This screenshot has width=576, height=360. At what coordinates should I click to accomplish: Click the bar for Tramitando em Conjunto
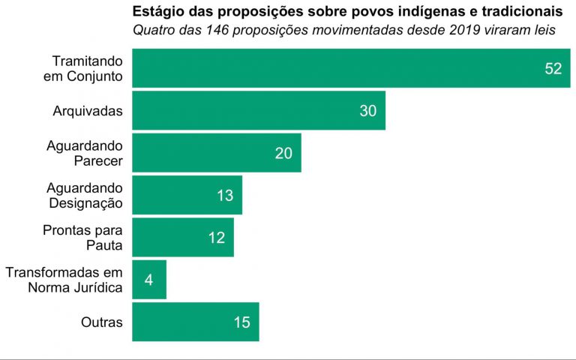point(351,68)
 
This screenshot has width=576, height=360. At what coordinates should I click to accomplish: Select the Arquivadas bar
point(259,110)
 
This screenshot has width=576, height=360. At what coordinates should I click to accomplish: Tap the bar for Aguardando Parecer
point(217,153)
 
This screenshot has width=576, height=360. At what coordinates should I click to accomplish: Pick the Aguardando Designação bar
point(187,195)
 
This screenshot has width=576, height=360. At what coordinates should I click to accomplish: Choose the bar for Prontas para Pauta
point(183,238)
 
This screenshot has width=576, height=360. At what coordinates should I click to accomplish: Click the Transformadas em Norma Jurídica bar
point(149,280)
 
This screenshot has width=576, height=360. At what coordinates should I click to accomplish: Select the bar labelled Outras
point(196,322)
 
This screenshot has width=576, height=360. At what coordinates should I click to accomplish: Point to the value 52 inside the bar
point(553,68)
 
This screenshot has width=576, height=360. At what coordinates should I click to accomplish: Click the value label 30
point(367,111)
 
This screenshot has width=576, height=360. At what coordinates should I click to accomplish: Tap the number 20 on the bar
point(283,153)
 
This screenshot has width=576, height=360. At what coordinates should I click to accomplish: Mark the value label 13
point(225,196)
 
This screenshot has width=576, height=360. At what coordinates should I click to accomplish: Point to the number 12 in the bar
point(217,238)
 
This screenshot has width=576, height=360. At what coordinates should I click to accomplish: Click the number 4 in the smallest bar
point(148,280)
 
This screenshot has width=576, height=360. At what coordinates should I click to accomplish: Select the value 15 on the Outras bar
point(241,322)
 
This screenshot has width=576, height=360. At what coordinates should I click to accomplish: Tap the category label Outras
point(102,322)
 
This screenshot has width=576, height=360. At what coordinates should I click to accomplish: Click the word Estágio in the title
point(157,13)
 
